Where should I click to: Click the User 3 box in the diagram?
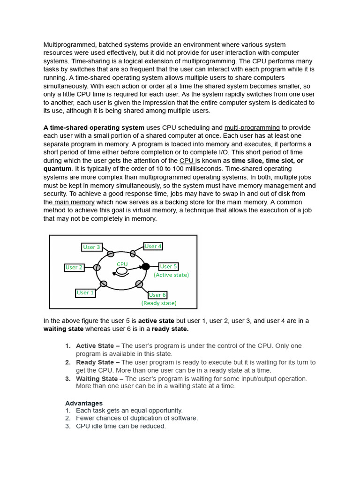click(x=92, y=247)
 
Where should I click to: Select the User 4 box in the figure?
click(x=153, y=246)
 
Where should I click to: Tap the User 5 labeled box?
click(x=168, y=266)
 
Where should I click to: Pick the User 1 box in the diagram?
click(x=85, y=293)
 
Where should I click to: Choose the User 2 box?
click(x=74, y=268)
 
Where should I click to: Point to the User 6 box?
click(x=157, y=295)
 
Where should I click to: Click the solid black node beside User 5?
click(x=146, y=266)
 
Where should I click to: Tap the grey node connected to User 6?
click(x=139, y=284)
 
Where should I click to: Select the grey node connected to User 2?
click(x=97, y=267)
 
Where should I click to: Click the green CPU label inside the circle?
click(x=122, y=264)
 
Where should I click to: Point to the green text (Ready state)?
click(x=159, y=303)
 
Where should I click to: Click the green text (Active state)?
click(x=171, y=275)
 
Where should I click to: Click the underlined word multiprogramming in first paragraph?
click(x=209, y=61)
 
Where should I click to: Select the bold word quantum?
click(x=57, y=169)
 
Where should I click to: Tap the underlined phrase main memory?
click(x=74, y=202)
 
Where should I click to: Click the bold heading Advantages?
click(x=83, y=403)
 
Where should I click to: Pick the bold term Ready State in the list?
click(x=95, y=362)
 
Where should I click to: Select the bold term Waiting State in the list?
click(x=97, y=379)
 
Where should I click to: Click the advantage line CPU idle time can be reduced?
click(x=120, y=426)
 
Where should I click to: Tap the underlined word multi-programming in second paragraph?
click(x=252, y=127)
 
